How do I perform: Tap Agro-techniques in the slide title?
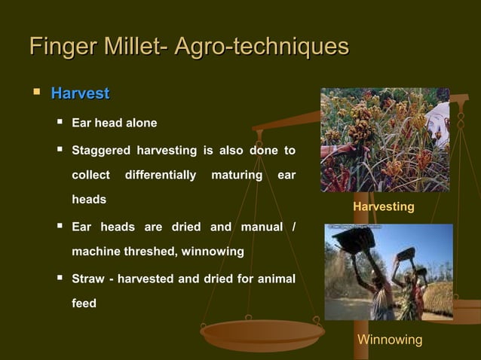pyautogui.click(x=261, y=47)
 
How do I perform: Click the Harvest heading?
pyautogui.click(x=80, y=94)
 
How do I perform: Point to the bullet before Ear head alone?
pyautogui.click(x=59, y=123)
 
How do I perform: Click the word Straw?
pyautogui.click(x=88, y=279)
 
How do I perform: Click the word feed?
pyautogui.click(x=84, y=304)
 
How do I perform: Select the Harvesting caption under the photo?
pyautogui.click(x=383, y=206)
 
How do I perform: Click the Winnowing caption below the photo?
pyautogui.click(x=389, y=340)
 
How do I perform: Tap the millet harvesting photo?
pyautogui.click(x=384, y=140)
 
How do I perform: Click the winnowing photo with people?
pyautogui.click(x=388, y=272)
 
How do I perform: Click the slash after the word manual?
pyautogui.click(x=293, y=227)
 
